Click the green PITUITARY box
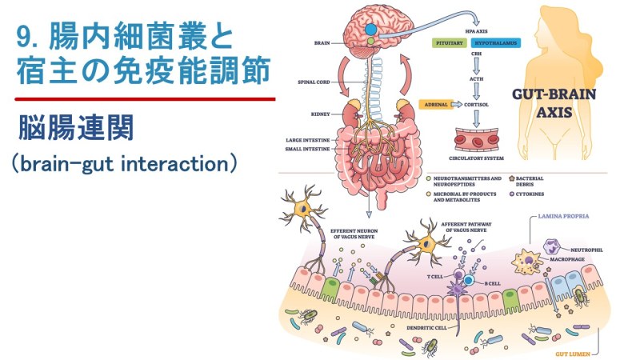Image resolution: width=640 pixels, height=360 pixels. click(x=450, y=43)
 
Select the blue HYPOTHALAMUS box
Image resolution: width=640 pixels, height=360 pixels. click(x=495, y=43)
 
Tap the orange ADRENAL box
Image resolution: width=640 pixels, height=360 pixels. click(x=436, y=105)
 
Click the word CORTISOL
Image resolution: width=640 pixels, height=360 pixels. click(x=476, y=105)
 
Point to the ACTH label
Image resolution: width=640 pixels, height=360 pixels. click(x=476, y=78)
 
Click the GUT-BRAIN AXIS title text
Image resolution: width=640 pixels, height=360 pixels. click(x=554, y=103)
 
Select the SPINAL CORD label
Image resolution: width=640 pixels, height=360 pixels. click(x=314, y=82)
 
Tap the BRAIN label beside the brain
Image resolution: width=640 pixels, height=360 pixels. click(x=322, y=43)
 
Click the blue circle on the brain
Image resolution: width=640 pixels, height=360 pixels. click(x=370, y=30)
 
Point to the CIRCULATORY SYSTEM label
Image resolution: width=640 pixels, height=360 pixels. click(x=476, y=158)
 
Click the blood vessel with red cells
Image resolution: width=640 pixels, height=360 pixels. click(x=477, y=139)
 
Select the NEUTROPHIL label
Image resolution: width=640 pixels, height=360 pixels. click(x=586, y=250)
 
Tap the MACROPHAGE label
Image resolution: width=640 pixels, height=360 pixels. click(x=567, y=259)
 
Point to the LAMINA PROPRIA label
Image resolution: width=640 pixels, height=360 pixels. click(x=563, y=216)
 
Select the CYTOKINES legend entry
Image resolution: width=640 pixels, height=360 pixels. click(x=527, y=194)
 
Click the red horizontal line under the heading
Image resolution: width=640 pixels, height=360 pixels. click(x=145, y=98)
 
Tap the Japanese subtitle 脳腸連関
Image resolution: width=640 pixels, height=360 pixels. click(x=76, y=128)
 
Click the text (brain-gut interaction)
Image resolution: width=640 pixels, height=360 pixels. click(x=124, y=164)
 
